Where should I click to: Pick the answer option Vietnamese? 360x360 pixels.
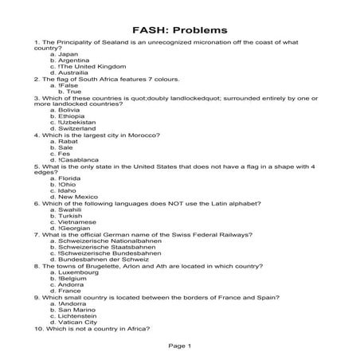(77, 222)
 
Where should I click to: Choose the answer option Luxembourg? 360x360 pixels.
(77, 272)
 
